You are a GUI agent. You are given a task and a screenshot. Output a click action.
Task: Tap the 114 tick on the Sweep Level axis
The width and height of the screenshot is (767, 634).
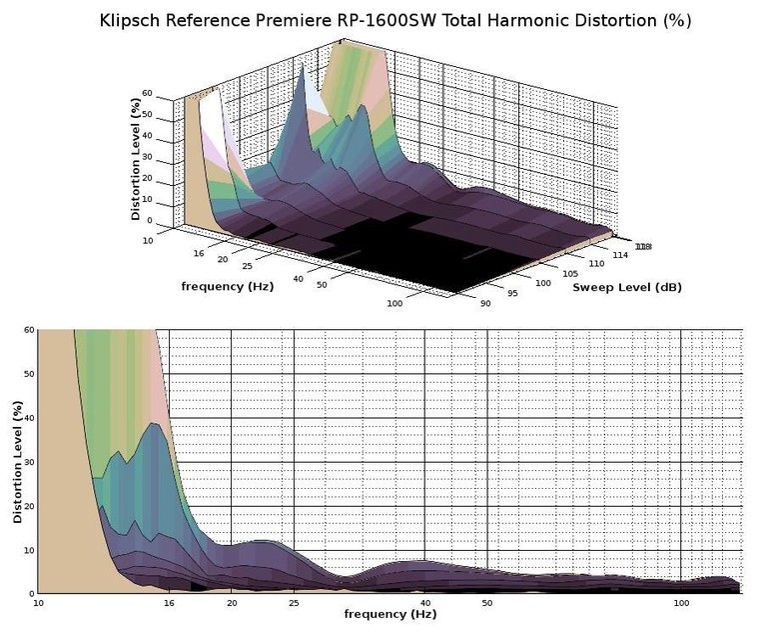tap(620, 256)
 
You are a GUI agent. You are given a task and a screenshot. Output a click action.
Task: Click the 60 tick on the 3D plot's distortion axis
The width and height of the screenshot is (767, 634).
tap(148, 93)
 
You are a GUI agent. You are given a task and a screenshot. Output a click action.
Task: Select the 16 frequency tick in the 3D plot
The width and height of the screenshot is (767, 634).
tap(198, 253)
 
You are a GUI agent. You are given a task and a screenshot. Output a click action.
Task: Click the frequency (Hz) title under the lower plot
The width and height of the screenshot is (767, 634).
tap(390, 612)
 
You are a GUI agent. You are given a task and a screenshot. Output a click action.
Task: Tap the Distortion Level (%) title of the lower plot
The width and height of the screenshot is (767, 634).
tap(17, 462)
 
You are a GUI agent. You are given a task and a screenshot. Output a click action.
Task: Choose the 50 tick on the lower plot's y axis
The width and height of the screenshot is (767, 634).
tap(28, 374)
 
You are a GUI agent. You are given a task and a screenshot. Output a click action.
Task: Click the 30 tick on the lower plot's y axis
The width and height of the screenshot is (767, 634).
tap(28, 462)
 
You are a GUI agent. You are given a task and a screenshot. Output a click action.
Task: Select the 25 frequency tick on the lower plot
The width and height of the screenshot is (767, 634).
tap(294, 603)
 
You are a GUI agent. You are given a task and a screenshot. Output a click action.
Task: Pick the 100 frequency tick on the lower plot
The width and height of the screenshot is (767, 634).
tap(682, 603)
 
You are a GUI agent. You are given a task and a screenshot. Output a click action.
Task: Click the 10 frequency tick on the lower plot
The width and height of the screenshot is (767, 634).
tap(38, 603)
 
